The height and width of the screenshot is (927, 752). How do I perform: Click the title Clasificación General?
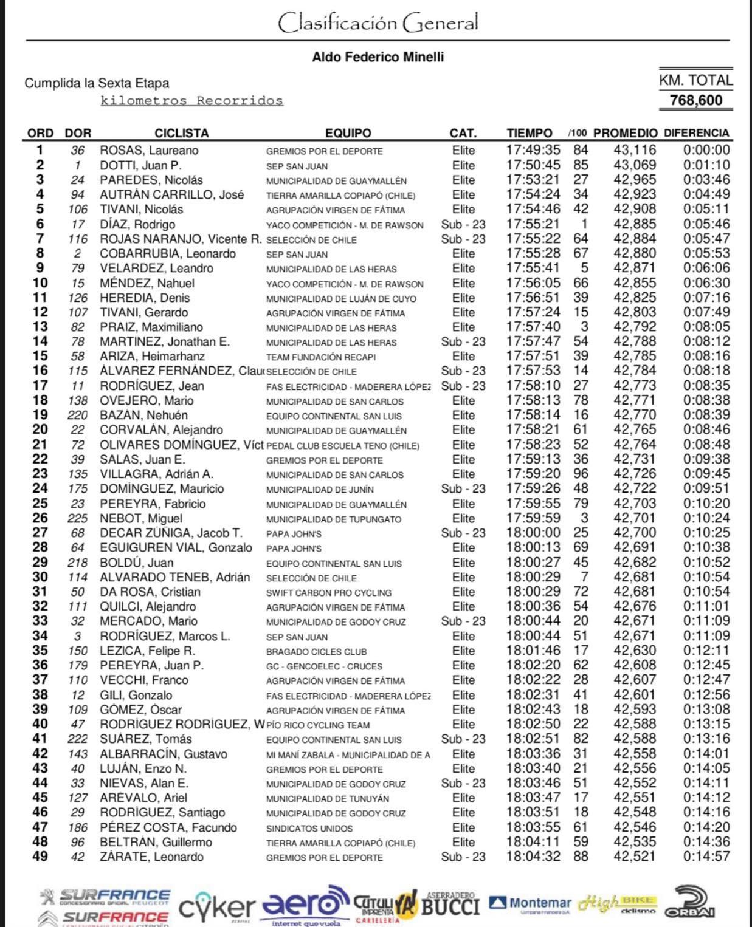pyautogui.click(x=378, y=22)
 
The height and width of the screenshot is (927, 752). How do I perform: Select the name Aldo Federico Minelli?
pyautogui.click(x=378, y=57)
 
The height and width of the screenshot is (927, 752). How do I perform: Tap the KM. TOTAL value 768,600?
pyautogui.click(x=695, y=100)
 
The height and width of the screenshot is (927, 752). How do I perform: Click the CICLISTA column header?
pyautogui.click(x=181, y=133)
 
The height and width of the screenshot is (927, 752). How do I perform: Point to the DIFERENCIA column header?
pyautogui.click(x=696, y=133)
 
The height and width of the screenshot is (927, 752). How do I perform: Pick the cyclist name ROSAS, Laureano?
pyautogui.click(x=149, y=151)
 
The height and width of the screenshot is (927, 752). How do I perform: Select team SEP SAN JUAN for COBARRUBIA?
pyautogui.click(x=297, y=255)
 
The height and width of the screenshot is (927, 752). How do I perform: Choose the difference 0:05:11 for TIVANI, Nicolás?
pyautogui.click(x=706, y=210)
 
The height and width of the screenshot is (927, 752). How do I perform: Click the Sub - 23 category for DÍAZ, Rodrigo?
pyautogui.click(x=463, y=224)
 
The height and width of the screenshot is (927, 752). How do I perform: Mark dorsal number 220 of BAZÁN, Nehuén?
pyautogui.click(x=77, y=416)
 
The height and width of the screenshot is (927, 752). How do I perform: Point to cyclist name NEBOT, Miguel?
pyautogui.click(x=141, y=519)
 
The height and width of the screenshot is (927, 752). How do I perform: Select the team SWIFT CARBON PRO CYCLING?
pyautogui.click(x=329, y=593)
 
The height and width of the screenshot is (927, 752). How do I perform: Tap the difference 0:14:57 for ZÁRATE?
pyautogui.click(x=706, y=857)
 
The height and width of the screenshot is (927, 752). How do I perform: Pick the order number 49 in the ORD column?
pyautogui.click(x=40, y=857)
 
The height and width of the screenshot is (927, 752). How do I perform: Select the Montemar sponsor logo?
pyautogui.click(x=530, y=903)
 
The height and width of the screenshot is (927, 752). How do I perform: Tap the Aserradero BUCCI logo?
pyautogui.click(x=450, y=904)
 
